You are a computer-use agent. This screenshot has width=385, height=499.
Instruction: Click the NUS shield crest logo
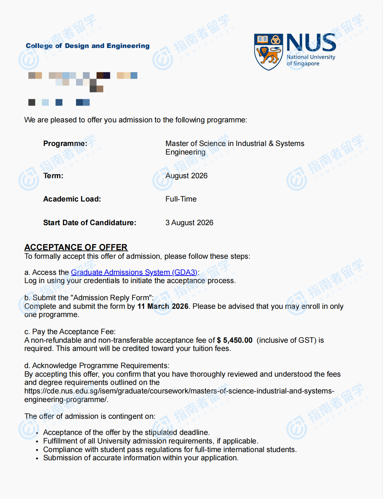tap(269, 52)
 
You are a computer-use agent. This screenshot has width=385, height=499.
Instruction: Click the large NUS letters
tap(311, 43)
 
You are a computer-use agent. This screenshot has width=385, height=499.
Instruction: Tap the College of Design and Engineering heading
tap(88, 46)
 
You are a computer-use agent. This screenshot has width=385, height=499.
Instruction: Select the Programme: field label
tap(65, 144)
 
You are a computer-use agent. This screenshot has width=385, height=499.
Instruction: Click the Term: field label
tap(53, 176)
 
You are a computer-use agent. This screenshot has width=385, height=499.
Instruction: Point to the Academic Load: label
tap(72, 199)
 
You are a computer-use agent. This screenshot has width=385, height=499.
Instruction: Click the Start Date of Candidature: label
tap(90, 223)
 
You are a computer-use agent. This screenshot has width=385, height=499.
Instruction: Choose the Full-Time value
tap(181, 199)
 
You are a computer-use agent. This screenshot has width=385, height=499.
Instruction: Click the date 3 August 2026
tap(189, 223)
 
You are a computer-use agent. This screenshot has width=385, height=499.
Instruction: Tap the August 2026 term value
tap(186, 176)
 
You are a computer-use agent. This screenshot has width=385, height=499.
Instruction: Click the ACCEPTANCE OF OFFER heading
tap(76, 247)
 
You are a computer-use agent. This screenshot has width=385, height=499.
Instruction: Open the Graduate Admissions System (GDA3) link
tap(134, 272)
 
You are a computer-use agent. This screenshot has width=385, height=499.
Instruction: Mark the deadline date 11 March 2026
tap(163, 306)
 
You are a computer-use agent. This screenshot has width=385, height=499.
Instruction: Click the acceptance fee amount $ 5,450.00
tap(235, 340)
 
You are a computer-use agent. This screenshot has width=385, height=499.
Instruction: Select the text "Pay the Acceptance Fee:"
tap(74, 332)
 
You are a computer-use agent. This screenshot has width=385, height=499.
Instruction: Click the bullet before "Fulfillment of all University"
tap(37, 442)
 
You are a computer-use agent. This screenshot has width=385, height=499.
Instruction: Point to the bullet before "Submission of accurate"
tap(37, 459)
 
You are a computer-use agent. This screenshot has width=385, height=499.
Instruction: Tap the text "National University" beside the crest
tap(311, 57)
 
